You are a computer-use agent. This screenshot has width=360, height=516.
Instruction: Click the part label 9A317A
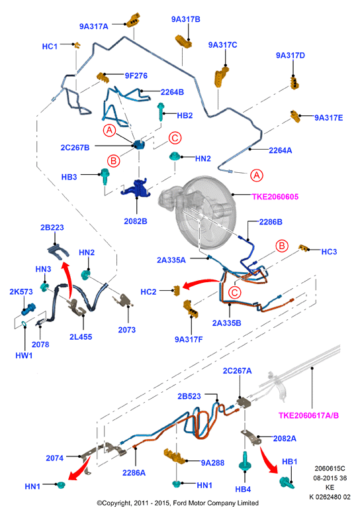[x=94, y=26]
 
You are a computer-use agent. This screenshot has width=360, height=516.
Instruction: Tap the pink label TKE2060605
[x=275, y=197]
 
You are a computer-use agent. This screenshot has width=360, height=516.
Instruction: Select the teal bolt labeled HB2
[x=161, y=111]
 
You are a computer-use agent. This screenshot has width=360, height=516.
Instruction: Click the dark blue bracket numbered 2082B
[x=138, y=189]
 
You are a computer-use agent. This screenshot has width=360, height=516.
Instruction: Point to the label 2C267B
[x=75, y=148]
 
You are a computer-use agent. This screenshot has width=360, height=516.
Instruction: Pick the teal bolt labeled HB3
[x=105, y=177]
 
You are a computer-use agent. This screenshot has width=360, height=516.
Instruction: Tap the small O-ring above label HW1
[x=24, y=324]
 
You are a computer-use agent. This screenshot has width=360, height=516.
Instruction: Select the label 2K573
[x=21, y=291]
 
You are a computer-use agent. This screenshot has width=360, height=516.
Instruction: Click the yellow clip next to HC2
[x=177, y=291]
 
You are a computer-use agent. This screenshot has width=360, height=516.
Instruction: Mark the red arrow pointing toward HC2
[x=201, y=284]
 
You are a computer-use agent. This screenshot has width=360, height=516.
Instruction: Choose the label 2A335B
[x=226, y=323]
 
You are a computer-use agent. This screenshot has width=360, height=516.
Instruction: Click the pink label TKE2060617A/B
[x=308, y=415]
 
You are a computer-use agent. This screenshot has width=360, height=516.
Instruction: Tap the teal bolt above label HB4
[x=245, y=462]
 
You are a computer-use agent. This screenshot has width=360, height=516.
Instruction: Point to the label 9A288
[x=212, y=463]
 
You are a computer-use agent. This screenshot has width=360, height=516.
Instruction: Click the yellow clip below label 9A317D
[x=294, y=83]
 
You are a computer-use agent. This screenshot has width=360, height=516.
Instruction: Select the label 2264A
[x=281, y=150]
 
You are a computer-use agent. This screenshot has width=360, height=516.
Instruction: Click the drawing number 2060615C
[x=330, y=468]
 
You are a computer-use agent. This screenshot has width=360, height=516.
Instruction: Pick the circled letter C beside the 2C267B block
[x=175, y=138]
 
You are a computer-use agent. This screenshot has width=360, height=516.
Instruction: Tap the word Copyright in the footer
[x=116, y=503]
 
